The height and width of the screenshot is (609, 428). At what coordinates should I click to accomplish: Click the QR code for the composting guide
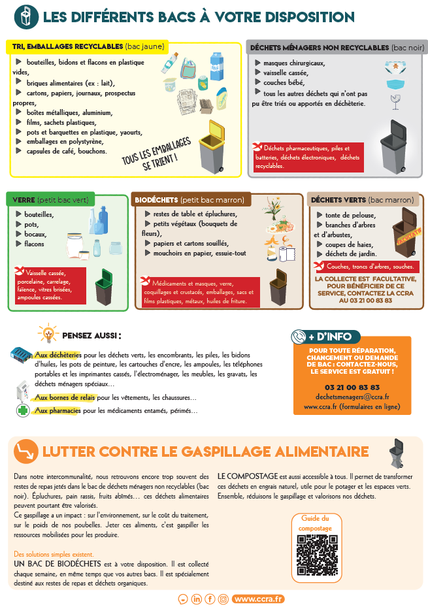pos(317,555)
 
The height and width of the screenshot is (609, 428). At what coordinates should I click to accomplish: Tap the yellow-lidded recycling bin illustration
pos(212,147)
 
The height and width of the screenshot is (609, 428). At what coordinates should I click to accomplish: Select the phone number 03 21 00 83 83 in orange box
pos(352,387)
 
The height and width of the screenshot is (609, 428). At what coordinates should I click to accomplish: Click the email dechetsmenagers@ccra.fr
pos(352,397)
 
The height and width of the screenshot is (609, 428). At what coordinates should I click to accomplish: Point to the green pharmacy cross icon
pos(23,410)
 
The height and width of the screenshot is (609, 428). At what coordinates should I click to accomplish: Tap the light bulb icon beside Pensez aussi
pos(48,333)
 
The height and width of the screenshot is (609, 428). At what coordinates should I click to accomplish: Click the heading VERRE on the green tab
pos(24,200)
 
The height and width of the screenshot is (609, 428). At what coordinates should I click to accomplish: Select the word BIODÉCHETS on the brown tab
pos(156,200)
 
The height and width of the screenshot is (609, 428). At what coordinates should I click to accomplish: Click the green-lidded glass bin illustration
pos(104,287)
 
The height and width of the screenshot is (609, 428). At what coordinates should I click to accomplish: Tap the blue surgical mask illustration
pos(397,84)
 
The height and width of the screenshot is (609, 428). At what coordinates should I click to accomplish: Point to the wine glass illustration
pos(395,102)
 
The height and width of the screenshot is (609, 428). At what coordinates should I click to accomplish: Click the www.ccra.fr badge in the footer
pos(258,599)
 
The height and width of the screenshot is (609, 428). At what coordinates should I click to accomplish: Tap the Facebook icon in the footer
pos(210,599)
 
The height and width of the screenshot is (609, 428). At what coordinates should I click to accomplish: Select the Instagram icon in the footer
pos(223,599)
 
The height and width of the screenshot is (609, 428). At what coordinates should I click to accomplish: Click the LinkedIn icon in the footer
pos(197,599)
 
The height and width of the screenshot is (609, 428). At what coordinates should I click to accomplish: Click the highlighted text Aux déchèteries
pos(58,355)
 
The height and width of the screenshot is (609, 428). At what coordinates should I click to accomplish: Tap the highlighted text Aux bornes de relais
pos(65,397)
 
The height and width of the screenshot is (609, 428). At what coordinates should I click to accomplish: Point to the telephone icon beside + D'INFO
pos(299,337)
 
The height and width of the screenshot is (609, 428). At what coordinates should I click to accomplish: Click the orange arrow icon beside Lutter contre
pos(25,452)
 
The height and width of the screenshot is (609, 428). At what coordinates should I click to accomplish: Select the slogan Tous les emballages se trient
pos(157,155)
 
